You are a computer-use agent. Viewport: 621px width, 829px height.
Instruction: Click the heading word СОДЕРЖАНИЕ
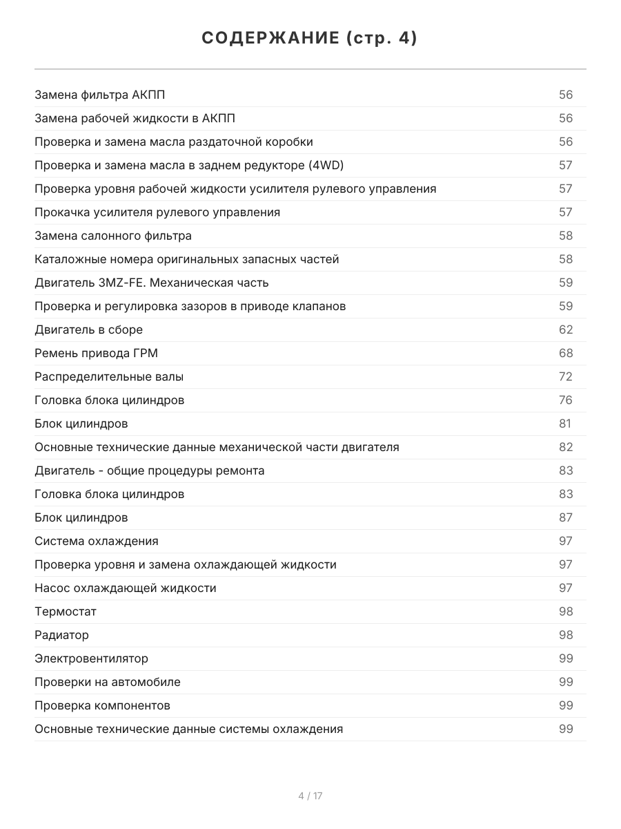tap(270, 39)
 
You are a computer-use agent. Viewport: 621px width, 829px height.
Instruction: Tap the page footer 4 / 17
tap(310, 796)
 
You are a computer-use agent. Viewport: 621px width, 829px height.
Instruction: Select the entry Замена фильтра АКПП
tap(100, 95)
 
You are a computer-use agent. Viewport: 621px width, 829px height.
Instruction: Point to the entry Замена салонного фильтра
tap(113, 236)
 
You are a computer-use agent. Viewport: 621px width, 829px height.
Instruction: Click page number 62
tap(566, 330)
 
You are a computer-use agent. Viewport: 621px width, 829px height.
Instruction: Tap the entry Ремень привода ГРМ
tap(96, 353)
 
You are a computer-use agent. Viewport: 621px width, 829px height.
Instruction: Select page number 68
tap(566, 353)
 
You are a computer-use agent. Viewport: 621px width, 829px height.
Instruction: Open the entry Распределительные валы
tap(109, 377)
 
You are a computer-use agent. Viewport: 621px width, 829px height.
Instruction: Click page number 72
tap(566, 377)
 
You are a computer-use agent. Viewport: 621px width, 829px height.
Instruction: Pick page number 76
tap(566, 400)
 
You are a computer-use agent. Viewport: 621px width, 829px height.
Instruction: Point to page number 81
tap(565, 423)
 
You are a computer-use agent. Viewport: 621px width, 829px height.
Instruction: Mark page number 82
tap(566, 447)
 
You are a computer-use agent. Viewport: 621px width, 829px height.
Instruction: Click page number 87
tap(566, 517)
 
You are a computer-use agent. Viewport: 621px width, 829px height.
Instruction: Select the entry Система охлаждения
tap(97, 541)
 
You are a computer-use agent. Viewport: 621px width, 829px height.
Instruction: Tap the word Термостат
tap(66, 611)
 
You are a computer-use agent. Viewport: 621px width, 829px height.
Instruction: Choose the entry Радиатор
tap(61, 635)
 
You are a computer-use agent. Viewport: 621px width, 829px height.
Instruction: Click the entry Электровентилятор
tap(91, 658)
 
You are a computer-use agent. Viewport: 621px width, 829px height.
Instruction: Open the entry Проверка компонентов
tap(102, 705)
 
